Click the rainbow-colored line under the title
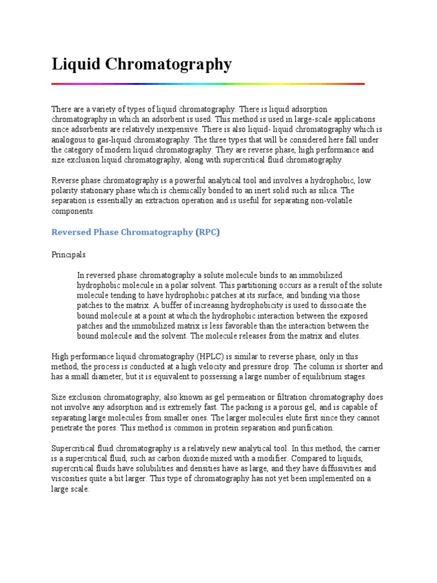208,84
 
